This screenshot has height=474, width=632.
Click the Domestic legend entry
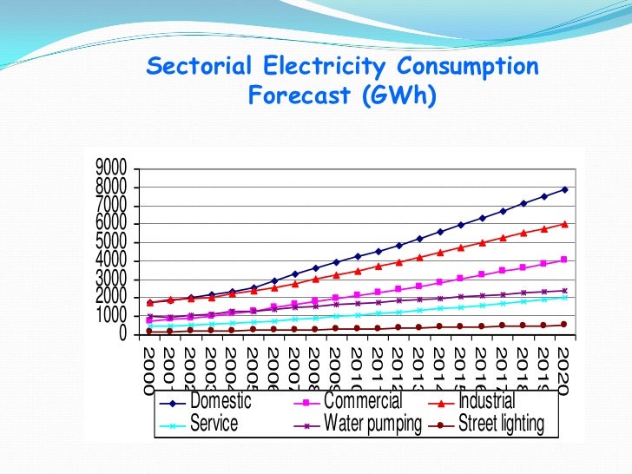coord(221,402)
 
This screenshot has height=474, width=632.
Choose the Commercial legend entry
coord(363,402)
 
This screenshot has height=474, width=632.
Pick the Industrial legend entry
coord(486,402)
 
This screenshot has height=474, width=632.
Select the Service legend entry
coord(214,425)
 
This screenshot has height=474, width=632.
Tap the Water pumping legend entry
coord(373,425)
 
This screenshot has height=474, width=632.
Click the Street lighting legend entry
coord(501,425)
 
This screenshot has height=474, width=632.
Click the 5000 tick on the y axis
coord(110,241)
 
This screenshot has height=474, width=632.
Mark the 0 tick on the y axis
coord(122,334)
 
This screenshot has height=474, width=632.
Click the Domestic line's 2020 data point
coord(564,189)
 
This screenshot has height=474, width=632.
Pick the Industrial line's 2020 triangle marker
coord(564,223)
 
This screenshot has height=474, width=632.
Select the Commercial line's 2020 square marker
coord(564,260)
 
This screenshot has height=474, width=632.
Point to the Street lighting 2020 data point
coord(564,325)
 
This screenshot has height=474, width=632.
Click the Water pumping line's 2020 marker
coord(564,291)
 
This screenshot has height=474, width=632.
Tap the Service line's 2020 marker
coord(564,298)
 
